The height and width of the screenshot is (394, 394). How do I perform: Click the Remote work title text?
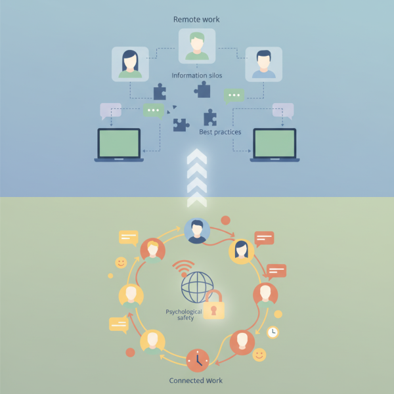point(196,19)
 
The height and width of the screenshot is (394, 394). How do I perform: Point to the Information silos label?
point(197,76)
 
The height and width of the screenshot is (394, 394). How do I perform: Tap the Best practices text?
point(220,132)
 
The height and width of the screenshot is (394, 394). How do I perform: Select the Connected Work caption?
point(196,380)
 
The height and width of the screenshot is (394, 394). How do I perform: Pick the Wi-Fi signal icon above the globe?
point(184,268)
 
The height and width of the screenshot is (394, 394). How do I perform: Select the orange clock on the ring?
point(197,359)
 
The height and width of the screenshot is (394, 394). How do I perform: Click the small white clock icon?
point(273,332)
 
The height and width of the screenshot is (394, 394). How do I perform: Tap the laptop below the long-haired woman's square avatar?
point(119,144)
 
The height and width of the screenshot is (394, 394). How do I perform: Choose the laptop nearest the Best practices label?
point(274,144)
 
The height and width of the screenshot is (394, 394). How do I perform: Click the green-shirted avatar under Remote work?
point(197,46)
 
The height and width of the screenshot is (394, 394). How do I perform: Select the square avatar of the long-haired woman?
point(130,64)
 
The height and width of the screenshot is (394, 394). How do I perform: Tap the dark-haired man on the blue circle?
point(197,231)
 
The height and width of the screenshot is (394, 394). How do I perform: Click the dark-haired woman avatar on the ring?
point(241,251)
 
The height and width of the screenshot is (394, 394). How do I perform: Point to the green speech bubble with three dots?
point(154,110)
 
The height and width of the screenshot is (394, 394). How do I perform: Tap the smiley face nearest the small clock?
point(259,355)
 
